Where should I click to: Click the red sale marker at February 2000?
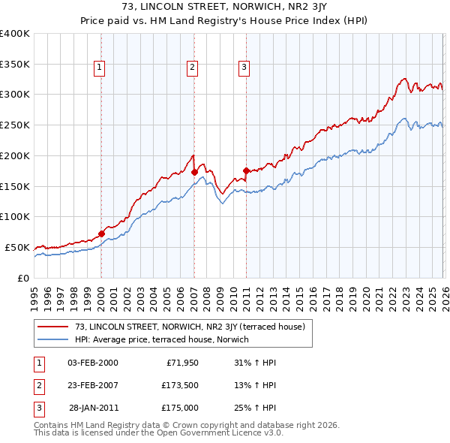tap(102, 234)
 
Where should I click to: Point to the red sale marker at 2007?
tap(194, 172)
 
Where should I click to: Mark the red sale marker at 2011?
tap(246, 170)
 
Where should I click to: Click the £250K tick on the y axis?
tap(15, 125)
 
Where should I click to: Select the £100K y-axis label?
tap(15, 216)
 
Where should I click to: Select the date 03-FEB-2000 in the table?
tap(92, 363)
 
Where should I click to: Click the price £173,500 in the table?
tap(179, 385)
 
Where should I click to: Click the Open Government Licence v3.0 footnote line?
tap(159, 433)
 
